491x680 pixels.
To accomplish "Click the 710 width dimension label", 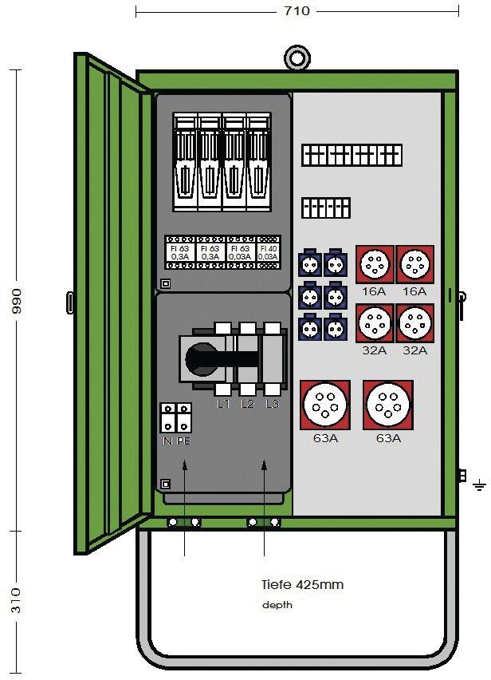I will pyautogui.click(x=297, y=11).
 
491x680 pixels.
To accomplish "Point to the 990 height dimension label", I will pyautogui.click(x=17, y=301).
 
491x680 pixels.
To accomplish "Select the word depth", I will pyautogui.click(x=277, y=605).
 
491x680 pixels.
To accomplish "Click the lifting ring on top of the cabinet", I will pyautogui.click(x=297, y=58).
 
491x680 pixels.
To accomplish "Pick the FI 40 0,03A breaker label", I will pyautogui.click(x=267, y=252).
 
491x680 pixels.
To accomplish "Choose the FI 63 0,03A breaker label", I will pyautogui.click(x=238, y=252).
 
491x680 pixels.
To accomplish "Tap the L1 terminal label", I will pyautogui.click(x=223, y=405).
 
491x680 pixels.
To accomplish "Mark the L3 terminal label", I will pyautogui.click(x=273, y=405).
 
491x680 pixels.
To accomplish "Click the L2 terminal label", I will pyautogui.click(x=248, y=405).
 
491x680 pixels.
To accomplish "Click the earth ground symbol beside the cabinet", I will pyautogui.click(x=479, y=484).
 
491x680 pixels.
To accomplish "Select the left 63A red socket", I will pyautogui.click(x=325, y=405).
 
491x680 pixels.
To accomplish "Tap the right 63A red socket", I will pyautogui.click(x=388, y=405).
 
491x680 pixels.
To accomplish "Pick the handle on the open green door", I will pyautogui.click(x=71, y=302).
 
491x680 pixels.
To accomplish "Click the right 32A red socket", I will pyautogui.click(x=415, y=324).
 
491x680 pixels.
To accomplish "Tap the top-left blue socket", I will pyautogui.click(x=310, y=263).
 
